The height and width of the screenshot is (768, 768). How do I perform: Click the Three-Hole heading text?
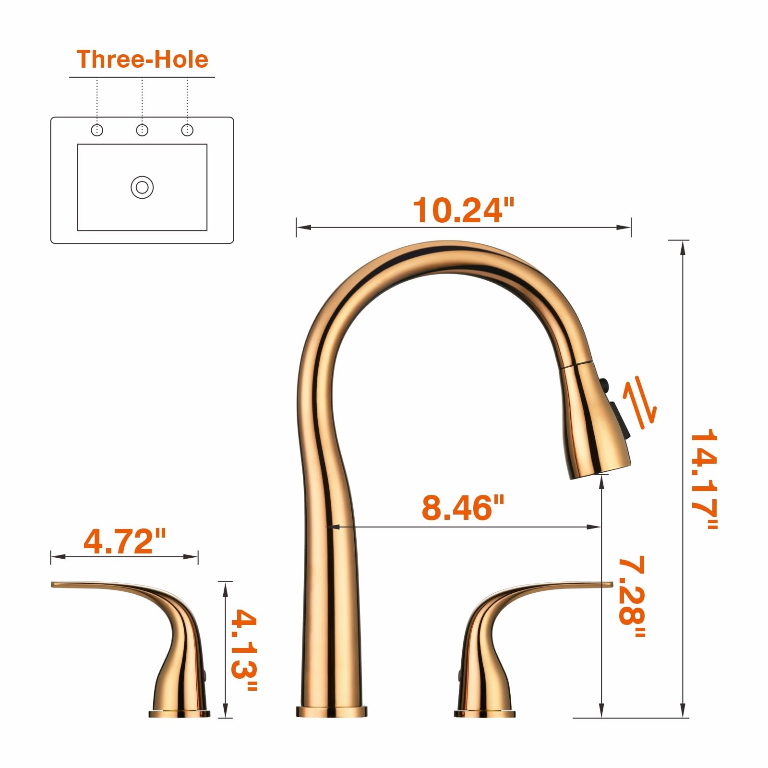pos(143,60)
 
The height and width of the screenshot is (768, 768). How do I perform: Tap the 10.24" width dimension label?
pos(463,210)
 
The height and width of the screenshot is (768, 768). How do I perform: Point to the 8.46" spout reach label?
pos(463,507)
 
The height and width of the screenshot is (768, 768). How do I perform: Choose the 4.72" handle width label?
pos(124,541)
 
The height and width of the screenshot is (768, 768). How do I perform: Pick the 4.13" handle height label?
pos(244,650)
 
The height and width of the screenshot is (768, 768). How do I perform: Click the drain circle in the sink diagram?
pos(142,187)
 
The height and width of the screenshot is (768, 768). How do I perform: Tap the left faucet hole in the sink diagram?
pos(97,130)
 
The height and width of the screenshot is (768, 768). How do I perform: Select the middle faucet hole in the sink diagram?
pos(142,130)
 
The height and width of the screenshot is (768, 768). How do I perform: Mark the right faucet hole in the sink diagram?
pos(187,130)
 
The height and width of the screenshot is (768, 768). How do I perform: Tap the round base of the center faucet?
pos(331,711)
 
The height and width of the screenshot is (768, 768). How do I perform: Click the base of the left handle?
pos(179,713)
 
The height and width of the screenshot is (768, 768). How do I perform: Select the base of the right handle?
pos(484,713)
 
